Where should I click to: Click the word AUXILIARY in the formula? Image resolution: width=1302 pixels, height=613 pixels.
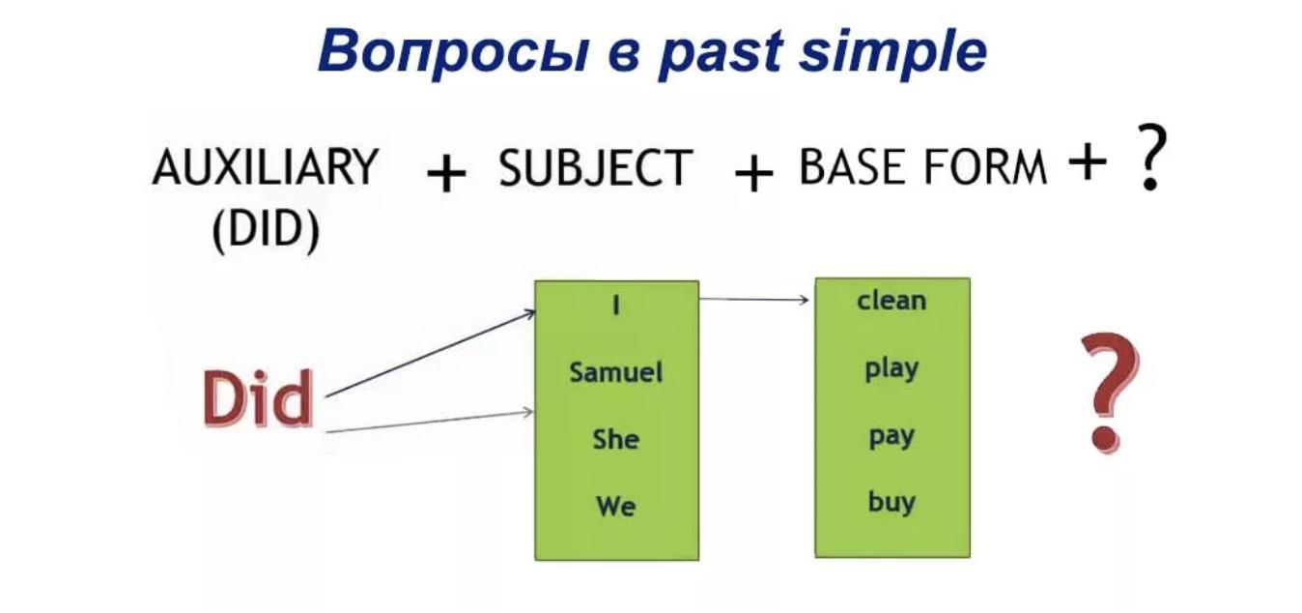(265, 167)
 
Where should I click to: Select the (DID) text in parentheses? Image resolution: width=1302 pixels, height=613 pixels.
(265, 231)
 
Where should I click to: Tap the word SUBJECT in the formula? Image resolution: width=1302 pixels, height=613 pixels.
(595, 169)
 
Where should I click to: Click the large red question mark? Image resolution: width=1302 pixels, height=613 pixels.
(1108, 392)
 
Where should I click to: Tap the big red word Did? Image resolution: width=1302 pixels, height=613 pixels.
(258, 399)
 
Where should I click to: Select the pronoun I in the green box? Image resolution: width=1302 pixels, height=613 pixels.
(616, 306)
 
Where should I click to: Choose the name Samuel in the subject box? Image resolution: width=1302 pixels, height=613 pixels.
(616, 372)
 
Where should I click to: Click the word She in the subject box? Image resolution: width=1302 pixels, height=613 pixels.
(616, 439)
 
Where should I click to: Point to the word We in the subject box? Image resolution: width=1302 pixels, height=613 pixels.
(616, 506)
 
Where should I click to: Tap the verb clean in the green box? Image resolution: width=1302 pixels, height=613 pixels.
(892, 301)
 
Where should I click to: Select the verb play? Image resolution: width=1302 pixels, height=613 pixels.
(892, 368)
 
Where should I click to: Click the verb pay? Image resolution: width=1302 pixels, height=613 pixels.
(892, 436)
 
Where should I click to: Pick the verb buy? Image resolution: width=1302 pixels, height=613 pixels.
(892, 503)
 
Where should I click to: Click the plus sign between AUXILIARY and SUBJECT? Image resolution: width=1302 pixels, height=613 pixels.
(445, 175)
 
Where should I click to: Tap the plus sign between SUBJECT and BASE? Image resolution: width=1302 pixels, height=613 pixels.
(753, 175)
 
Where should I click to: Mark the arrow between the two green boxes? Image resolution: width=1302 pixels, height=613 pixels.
(754, 300)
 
